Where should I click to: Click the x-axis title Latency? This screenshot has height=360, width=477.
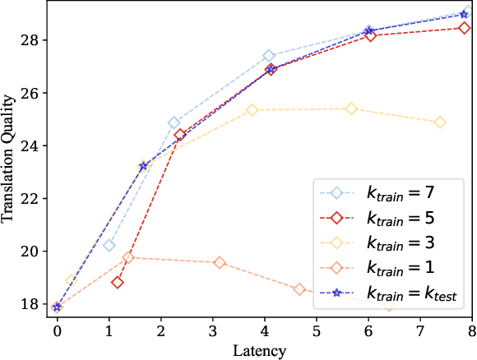click(263, 352)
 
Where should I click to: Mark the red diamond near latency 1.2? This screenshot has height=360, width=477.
click(118, 283)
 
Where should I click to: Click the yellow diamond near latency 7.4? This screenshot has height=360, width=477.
click(440, 122)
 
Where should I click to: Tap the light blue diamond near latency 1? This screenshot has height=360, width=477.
click(109, 245)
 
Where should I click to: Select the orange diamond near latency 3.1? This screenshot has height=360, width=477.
click(220, 262)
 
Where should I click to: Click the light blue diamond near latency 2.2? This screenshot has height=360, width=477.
click(174, 122)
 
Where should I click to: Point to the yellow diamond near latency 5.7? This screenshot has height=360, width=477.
click(351, 108)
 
